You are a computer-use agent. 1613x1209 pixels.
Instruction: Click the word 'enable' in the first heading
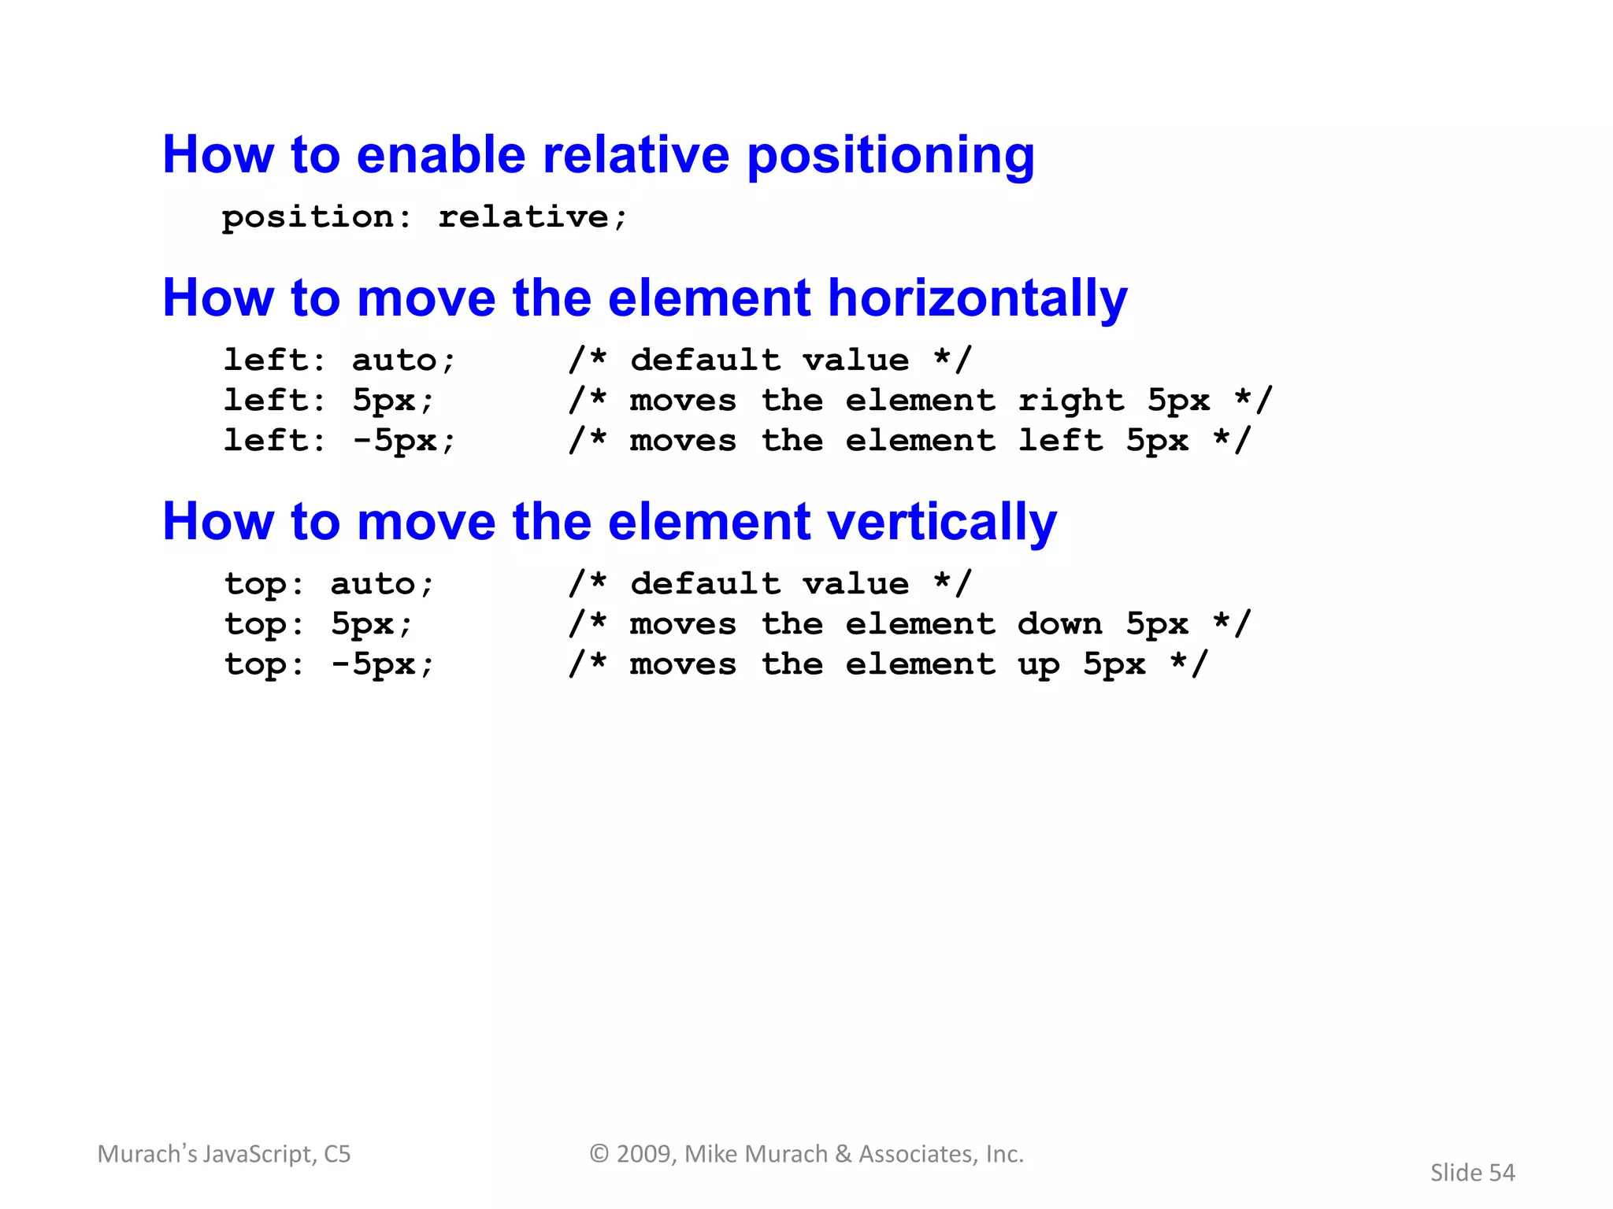[440, 155]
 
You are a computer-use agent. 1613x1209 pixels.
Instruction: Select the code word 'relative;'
[532, 216]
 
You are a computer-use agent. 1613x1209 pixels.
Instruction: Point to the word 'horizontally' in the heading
[977, 299]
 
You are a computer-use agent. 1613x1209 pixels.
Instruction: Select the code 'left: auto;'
[339, 360]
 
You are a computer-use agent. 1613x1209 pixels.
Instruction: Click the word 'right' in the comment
[1071, 401]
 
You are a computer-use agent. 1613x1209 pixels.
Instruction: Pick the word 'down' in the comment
[1059, 624]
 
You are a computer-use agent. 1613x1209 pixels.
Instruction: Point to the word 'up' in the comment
[1038, 665]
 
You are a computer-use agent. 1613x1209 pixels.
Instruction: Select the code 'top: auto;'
[329, 584]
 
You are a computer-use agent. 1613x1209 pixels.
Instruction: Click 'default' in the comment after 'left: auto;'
[705, 360]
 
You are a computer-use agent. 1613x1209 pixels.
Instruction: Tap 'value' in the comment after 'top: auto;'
[855, 584]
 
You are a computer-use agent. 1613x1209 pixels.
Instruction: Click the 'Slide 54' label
[1472, 1173]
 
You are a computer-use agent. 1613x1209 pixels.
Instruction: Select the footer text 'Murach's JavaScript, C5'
[224, 1154]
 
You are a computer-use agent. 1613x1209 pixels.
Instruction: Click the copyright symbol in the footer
[599, 1154]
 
